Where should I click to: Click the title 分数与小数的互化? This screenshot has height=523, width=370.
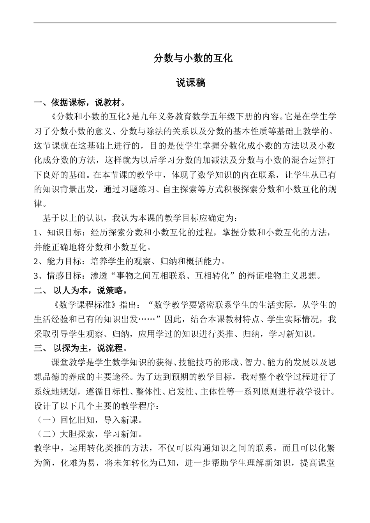[x=193, y=59]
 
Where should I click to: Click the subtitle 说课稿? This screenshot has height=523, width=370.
[x=191, y=83]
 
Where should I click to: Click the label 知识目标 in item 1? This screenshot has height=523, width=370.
[x=64, y=233]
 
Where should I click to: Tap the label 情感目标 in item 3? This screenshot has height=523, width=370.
[x=64, y=276]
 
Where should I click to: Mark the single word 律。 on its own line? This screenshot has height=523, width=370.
[x=41, y=204]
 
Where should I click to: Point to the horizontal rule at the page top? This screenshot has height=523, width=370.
[x=185, y=23]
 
